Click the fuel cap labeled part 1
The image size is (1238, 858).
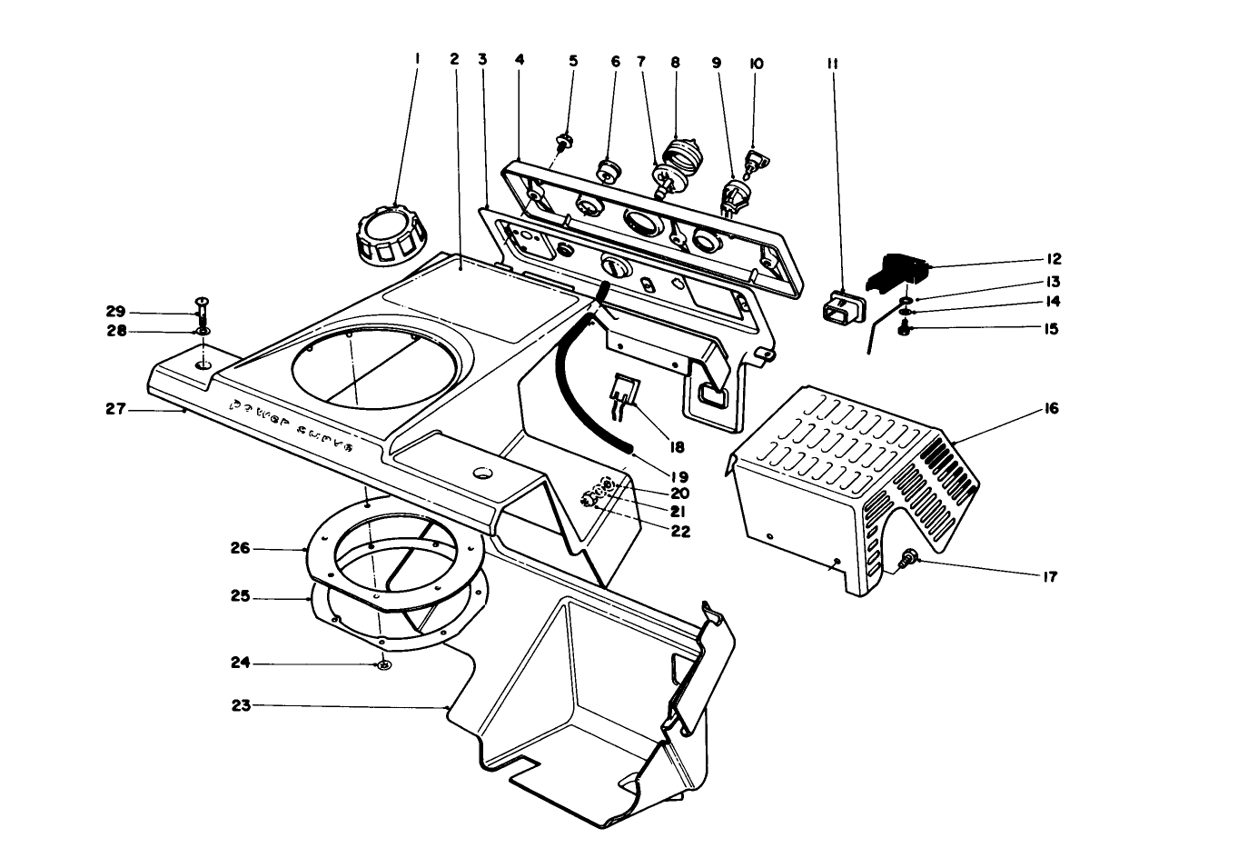click(389, 235)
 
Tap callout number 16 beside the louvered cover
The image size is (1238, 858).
click(1051, 409)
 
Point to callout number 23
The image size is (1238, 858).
click(241, 705)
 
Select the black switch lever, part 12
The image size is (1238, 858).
click(900, 269)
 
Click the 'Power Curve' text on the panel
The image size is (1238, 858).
click(290, 426)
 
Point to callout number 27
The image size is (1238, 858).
click(115, 410)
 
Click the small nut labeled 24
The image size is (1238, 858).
click(384, 666)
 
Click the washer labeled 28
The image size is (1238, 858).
click(202, 332)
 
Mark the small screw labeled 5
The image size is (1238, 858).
click(563, 140)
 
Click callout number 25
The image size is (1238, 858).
click(240, 598)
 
